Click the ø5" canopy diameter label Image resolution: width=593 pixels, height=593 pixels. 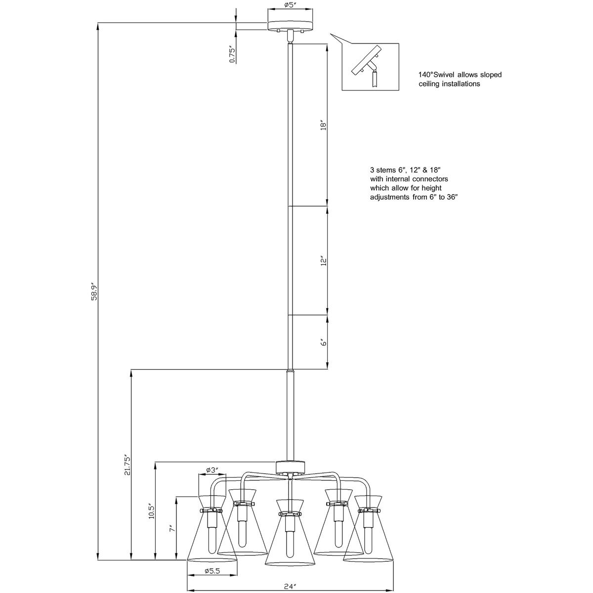tap(290, 5)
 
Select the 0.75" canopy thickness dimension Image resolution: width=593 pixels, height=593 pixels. tap(232, 55)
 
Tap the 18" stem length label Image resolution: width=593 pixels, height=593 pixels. tap(323, 126)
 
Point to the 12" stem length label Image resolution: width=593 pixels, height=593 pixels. tap(323, 261)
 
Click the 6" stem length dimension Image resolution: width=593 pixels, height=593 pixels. tap(323, 342)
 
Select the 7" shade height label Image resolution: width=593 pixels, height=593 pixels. tap(172, 528)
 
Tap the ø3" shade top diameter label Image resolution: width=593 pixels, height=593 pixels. tap(212, 478)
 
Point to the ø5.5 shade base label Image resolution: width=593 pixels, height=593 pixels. tap(212, 571)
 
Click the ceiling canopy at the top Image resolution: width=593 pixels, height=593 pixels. tap(290, 26)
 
